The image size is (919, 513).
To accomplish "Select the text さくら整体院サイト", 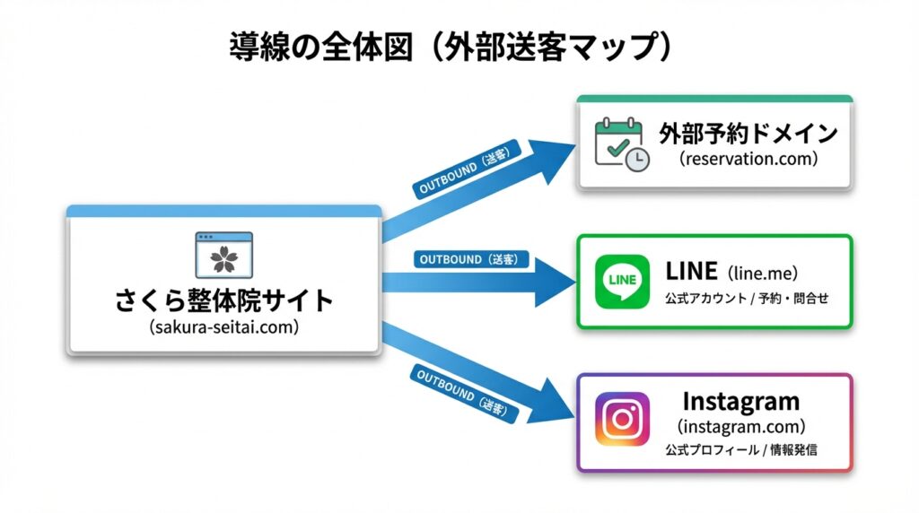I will [x=224, y=300].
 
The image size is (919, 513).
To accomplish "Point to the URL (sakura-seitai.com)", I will [x=224, y=327].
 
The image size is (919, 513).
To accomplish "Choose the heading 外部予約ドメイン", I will [x=748, y=134].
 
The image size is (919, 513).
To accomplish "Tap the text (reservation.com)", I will [x=748, y=160].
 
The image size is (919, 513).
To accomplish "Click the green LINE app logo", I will [x=622, y=282].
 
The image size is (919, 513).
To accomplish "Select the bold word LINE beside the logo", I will [x=691, y=271].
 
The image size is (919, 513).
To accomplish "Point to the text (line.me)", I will [x=762, y=273].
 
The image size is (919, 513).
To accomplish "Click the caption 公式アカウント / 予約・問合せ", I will [x=746, y=298].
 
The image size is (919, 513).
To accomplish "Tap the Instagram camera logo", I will [x=622, y=419].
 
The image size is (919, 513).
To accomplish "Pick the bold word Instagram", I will [x=740, y=400].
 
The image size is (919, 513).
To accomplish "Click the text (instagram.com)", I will [x=740, y=426].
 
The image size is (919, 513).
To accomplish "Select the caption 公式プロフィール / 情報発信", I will [x=740, y=449].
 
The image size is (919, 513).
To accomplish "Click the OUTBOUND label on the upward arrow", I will [x=463, y=173].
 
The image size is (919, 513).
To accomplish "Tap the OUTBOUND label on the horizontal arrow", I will [x=470, y=260].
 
